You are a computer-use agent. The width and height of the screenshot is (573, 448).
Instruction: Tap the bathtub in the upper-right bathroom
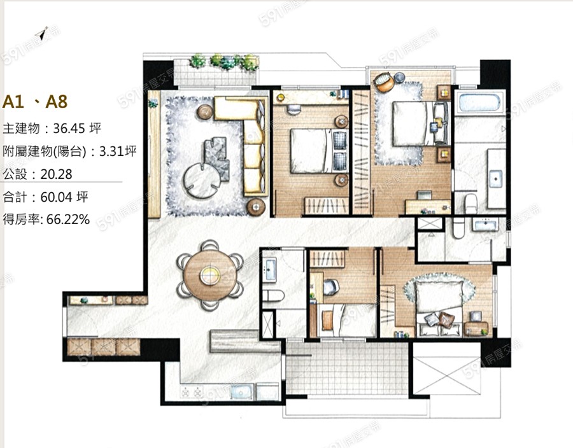479,102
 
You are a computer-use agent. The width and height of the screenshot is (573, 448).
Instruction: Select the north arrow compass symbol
43,33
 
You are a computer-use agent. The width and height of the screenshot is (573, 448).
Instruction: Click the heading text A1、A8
35,102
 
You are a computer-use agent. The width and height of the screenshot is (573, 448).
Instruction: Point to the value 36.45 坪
77,128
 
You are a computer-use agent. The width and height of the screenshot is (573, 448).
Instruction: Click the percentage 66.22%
68,219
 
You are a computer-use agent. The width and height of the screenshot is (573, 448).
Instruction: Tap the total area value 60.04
56,197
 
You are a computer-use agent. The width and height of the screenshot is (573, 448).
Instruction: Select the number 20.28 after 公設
56,174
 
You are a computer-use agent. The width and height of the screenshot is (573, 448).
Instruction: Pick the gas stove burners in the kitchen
192,393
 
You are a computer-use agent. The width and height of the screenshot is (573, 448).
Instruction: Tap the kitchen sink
241,392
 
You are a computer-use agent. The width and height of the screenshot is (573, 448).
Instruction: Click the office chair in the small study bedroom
331,286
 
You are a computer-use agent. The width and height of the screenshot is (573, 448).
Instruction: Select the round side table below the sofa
256,207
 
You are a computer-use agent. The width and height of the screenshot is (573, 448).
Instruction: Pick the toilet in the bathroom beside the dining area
273,295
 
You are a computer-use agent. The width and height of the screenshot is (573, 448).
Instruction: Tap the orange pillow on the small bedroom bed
328,320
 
